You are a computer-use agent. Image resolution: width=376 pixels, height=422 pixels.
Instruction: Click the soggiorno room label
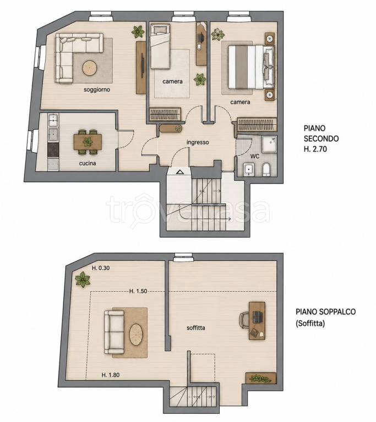(97, 90)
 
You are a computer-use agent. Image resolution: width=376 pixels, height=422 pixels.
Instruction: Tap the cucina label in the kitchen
(88, 163)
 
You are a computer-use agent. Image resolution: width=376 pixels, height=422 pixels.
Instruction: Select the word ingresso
(198, 142)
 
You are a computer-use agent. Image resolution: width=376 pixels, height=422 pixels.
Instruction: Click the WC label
(255, 156)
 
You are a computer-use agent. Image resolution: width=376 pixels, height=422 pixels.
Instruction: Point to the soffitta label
(196, 328)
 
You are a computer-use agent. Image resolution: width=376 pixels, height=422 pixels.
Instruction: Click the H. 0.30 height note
(101, 268)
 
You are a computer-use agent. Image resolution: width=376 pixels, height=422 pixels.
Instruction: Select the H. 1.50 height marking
(138, 291)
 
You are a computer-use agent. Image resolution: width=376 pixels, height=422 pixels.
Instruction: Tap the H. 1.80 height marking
(111, 375)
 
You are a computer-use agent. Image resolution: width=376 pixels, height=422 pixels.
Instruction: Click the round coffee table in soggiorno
(90, 68)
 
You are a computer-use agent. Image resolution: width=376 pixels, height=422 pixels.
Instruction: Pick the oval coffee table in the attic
(137, 335)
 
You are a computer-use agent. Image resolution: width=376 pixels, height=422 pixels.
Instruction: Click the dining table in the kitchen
(88, 142)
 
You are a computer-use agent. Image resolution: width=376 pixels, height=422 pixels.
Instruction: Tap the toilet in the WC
(266, 169)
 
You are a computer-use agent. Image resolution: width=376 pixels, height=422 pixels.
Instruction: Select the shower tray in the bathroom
(269, 145)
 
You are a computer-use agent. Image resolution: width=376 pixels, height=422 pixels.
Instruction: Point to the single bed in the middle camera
(160, 46)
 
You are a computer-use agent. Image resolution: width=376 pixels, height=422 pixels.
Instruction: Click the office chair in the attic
(244, 320)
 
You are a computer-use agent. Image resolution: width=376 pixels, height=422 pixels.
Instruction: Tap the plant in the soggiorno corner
(138, 32)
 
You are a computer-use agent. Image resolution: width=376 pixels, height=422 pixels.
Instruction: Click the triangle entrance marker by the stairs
(179, 172)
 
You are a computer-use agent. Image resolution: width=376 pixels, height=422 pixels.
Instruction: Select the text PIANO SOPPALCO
(325, 312)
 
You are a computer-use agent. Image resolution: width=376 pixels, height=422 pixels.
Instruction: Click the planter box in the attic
(261, 378)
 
